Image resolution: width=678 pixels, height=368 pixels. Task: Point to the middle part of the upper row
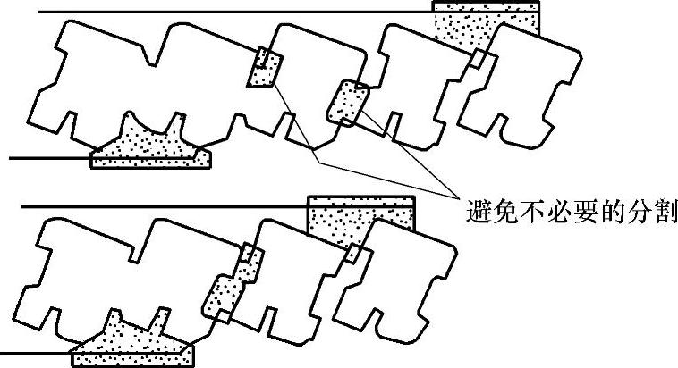pyautogui.click(x=313, y=76)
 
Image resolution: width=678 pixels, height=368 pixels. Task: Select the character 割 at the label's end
pyautogui.click(x=665, y=213)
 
